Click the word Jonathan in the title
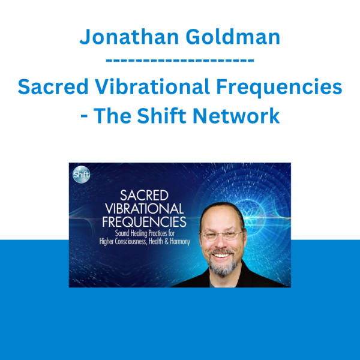(x=129, y=37)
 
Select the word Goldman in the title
(x=233, y=37)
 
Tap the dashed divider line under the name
(x=180, y=61)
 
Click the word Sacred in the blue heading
(x=53, y=86)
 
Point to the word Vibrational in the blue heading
(x=152, y=86)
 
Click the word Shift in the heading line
(x=161, y=115)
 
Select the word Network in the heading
(x=236, y=115)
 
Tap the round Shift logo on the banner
(x=81, y=175)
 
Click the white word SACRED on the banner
(x=144, y=196)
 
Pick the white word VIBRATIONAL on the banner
(x=144, y=208)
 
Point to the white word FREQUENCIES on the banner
(x=144, y=221)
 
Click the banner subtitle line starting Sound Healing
(x=145, y=233)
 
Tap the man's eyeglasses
(x=222, y=235)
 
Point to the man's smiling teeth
(x=221, y=256)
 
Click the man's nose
(x=220, y=243)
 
